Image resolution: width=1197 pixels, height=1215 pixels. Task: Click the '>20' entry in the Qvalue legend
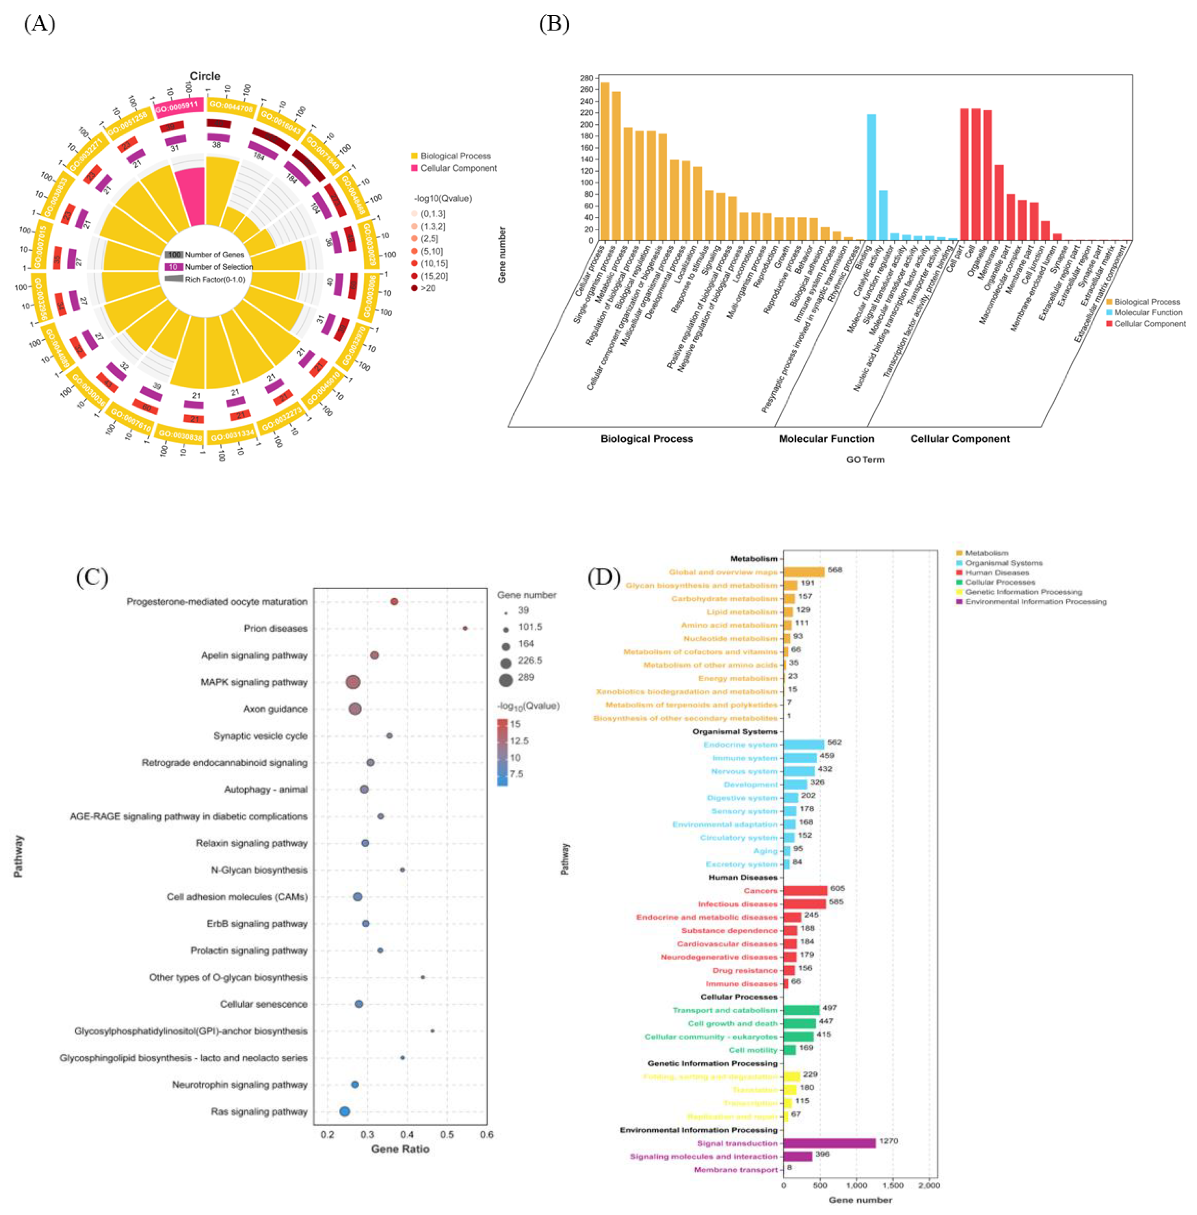tap(428, 289)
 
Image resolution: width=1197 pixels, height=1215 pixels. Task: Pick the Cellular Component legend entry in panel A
tap(458, 169)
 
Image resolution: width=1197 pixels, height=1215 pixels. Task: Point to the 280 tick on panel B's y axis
tap(586, 78)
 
